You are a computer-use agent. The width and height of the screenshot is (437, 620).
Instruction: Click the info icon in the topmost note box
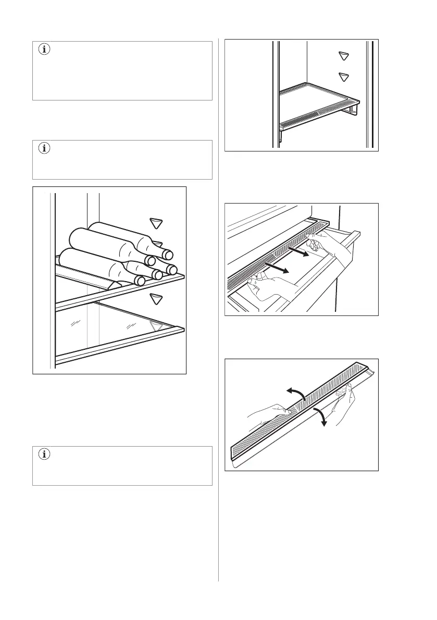point(43,50)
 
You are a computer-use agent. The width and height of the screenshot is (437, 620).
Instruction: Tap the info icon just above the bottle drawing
point(43,148)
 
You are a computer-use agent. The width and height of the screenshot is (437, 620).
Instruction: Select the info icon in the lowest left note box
point(43,454)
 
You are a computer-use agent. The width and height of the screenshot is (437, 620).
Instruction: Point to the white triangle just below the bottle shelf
point(157,299)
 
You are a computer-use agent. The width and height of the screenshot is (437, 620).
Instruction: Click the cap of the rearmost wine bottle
point(168,255)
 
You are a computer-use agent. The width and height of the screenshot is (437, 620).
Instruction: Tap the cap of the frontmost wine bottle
point(140,281)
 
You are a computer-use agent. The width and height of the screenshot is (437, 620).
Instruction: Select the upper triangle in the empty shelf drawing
point(343,56)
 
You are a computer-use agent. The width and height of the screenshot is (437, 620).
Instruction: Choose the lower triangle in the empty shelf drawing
point(343,77)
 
